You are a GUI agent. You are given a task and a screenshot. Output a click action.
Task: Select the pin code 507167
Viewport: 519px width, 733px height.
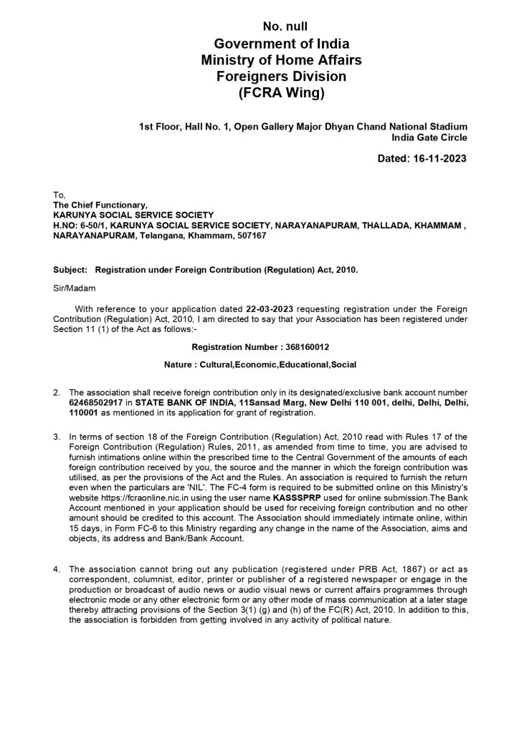(252, 234)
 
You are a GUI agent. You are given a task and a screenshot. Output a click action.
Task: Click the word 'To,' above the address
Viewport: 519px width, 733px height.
(59, 194)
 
